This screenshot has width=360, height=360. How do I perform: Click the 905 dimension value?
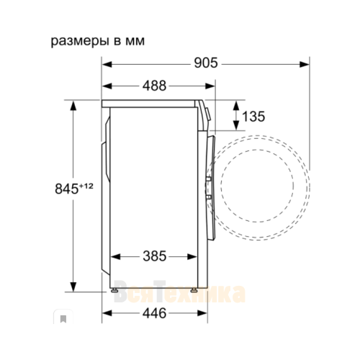(x=206, y=63)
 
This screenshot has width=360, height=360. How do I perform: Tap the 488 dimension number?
(x=154, y=86)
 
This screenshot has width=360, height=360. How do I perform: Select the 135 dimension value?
(x=253, y=117)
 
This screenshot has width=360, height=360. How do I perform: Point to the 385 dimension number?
(x=154, y=256)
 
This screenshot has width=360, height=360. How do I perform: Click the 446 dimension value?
(x=154, y=313)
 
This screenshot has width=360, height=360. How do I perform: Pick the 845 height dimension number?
(x=67, y=189)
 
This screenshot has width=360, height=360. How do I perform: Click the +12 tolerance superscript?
(x=86, y=186)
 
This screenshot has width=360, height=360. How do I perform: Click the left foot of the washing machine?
(x=114, y=290)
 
